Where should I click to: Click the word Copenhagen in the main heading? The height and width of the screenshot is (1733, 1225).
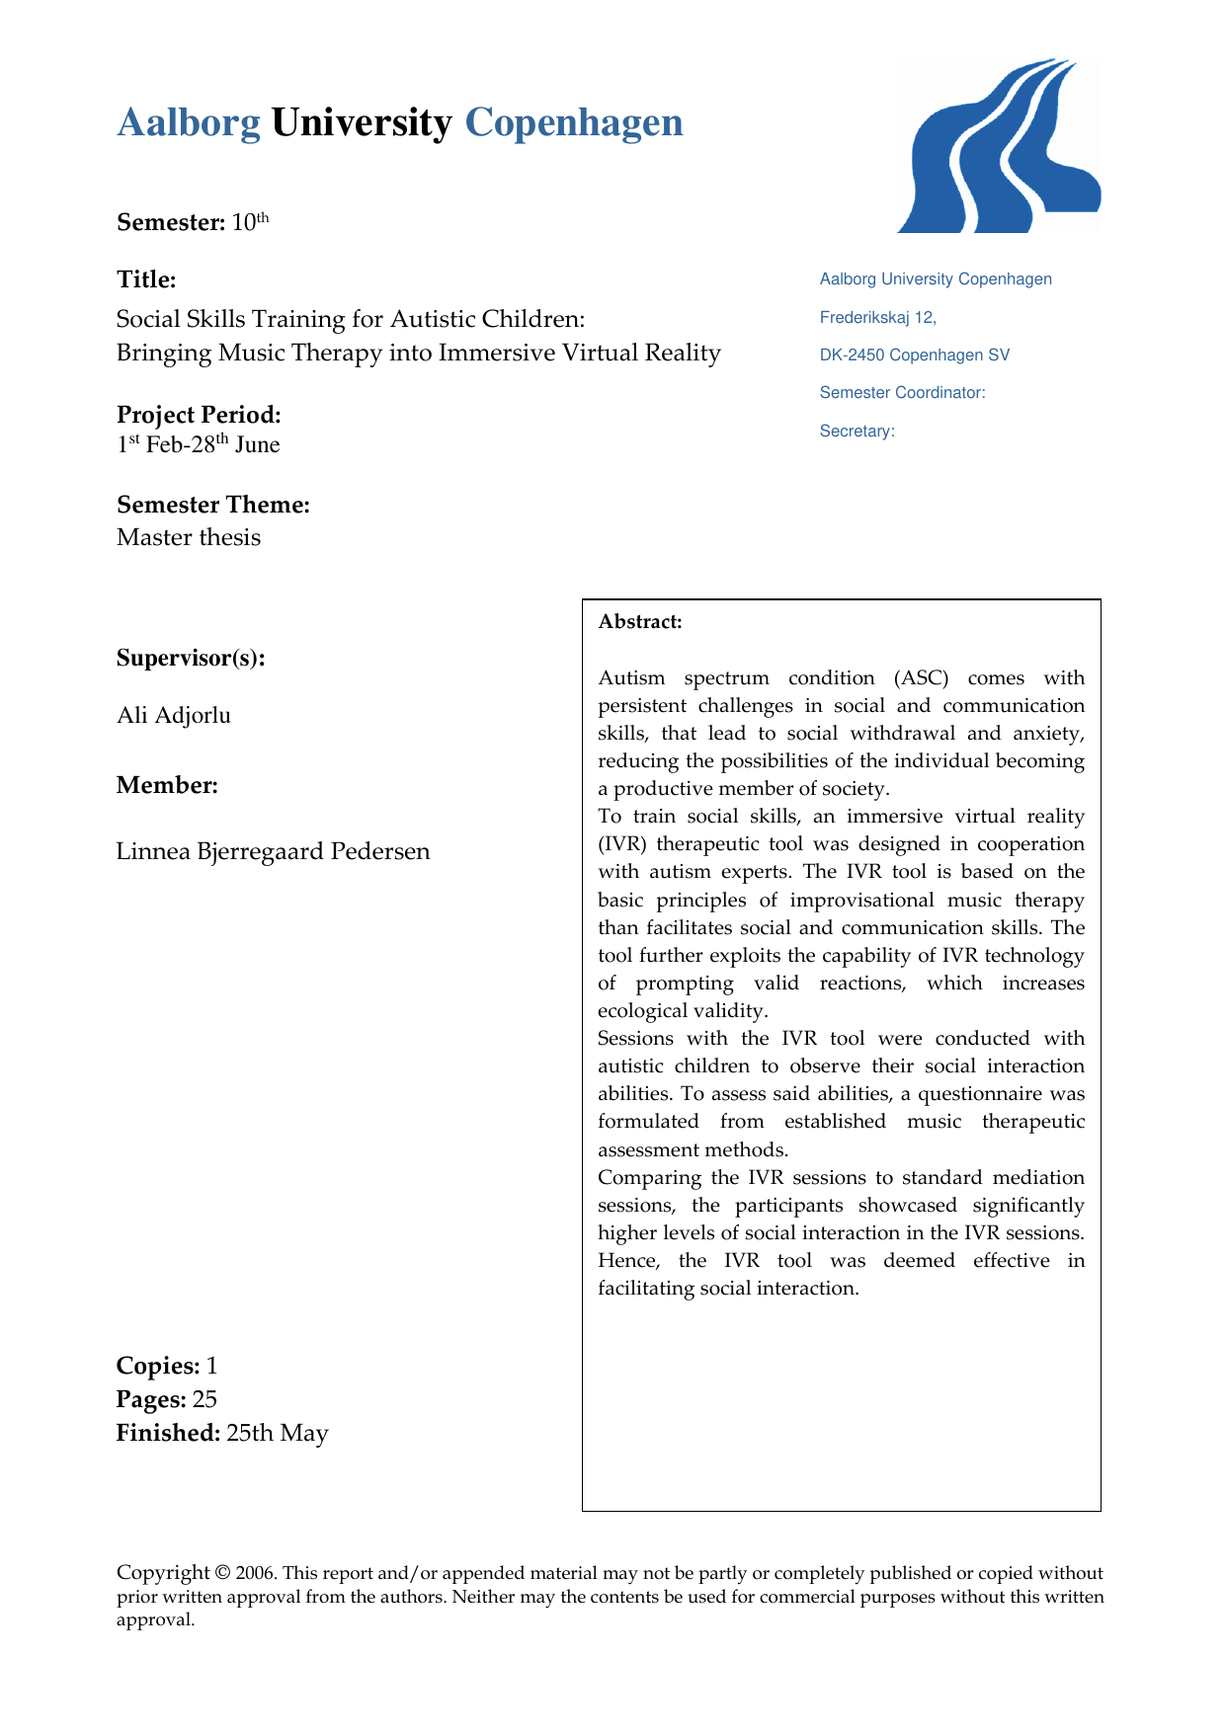click(x=573, y=123)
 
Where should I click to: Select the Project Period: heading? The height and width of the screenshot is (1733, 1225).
click(x=199, y=415)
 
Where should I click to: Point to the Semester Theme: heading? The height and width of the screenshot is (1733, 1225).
click(x=213, y=505)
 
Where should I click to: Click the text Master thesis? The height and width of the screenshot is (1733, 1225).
click(x=189, y=538)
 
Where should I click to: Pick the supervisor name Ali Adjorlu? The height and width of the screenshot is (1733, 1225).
click(x=174, y=715)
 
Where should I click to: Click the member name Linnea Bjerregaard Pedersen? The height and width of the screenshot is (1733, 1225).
click(x=274, y=851)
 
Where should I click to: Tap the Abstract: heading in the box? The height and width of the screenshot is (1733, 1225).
click(x=640, y=622)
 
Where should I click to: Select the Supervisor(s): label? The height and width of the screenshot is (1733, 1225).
click(x=191, y=658)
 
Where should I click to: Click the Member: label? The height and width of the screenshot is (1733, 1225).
click(x=167, y=785)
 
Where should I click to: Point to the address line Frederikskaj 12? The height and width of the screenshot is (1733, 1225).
click(x=877, y=318)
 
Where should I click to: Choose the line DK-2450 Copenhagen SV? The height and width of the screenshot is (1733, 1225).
click(x=915, y=355)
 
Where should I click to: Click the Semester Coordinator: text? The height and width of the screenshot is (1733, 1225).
click(x=902, y=393)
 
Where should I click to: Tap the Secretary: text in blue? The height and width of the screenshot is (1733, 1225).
click(x=857, y=432)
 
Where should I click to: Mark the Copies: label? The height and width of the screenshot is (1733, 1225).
click(x=158, y=1366)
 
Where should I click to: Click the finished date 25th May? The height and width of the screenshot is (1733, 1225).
click(x=277, y=1434)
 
